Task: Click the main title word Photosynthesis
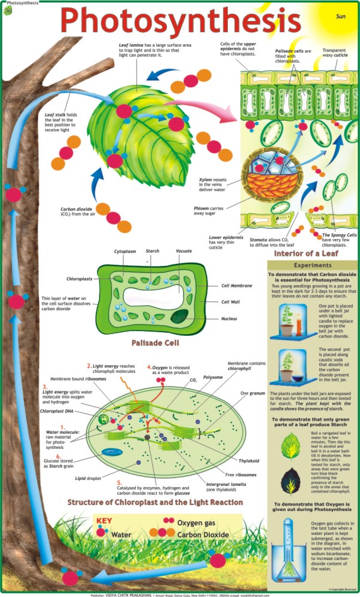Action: pos(179,22)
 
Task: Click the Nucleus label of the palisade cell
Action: pos(229,319)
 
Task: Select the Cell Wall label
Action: pos(230,302)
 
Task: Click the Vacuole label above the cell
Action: pos(184,252)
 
